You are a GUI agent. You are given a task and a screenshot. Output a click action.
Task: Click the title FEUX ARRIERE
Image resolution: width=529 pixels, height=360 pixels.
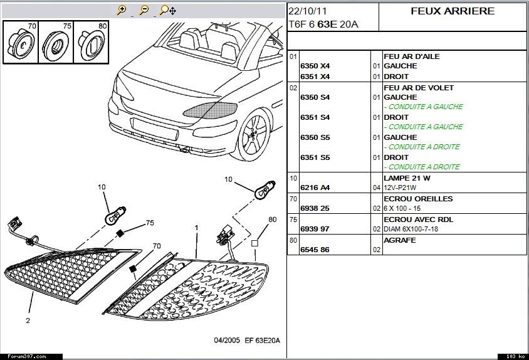tap(453, 11)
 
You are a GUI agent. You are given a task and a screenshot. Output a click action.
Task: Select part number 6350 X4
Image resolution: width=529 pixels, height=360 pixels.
tap(315, 66)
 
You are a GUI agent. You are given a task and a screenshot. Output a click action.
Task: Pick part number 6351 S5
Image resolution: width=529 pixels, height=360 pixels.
tap(315, 157)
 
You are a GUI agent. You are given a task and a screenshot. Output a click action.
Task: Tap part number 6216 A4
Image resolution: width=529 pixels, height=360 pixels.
tap(315, 188)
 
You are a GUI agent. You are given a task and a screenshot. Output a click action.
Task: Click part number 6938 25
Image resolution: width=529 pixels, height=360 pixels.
tap(315, 208)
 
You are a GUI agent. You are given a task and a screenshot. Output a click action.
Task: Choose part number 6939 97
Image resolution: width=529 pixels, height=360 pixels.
tap(315, 229)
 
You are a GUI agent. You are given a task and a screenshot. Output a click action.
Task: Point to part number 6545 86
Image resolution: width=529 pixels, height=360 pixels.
tap(315, 250)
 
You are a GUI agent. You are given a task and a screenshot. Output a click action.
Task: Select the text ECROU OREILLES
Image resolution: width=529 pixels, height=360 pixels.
tap(418, 199)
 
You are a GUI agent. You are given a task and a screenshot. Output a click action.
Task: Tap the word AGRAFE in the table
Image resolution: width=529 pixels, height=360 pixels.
tap(400, 240)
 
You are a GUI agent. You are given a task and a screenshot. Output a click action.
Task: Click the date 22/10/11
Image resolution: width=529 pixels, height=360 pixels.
tap(308, 11)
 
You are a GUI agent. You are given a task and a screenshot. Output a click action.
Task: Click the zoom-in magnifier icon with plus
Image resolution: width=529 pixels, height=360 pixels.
tap(122, 10)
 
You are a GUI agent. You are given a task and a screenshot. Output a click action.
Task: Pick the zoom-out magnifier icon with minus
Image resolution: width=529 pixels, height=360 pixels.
tap(144, 10)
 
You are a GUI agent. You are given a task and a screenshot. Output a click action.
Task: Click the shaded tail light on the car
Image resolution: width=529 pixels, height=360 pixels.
tap(211, 110)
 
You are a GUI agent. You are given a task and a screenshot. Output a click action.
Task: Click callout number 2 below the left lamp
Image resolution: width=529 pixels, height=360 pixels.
tap(28, 320)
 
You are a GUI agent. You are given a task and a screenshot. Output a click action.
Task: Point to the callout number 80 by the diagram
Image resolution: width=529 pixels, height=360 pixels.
tap(272, 220)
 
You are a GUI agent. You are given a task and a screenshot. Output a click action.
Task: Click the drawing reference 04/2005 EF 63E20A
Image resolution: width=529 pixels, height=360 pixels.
tap(247, 341)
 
